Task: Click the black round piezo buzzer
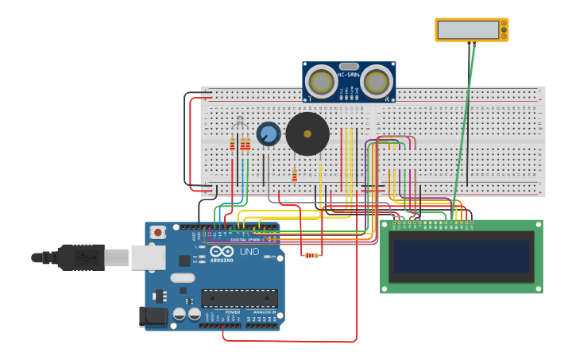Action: (x=307, y=134)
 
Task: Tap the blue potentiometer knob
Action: (x=269, y=134)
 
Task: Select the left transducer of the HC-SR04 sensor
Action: (x=321, y=82)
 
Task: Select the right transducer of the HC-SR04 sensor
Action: (x=377, y=82)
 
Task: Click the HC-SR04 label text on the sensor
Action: (x=349, y=75)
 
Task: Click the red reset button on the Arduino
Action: (x=158, y=232)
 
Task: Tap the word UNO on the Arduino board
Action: (x=249, y=252)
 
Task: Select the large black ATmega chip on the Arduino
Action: (x=239, y=298)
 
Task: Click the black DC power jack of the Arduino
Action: (x=153, y=316)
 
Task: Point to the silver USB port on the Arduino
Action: (x=149, y=257)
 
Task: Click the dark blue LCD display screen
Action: (x=461, y=257)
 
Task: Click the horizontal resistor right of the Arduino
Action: (x=311, y=255)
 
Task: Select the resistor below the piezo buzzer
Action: (x=294, y=175)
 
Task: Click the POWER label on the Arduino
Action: (x=233, y=312)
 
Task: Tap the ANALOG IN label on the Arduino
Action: (x=265, y=312)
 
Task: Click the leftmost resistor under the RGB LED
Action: (x=232, y=144)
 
